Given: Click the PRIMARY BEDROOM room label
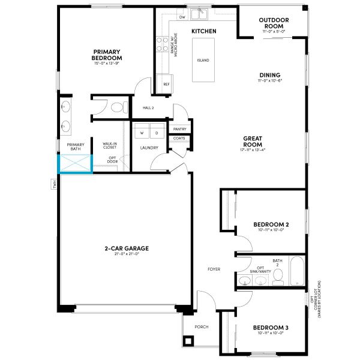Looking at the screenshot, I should (x=107, y=55).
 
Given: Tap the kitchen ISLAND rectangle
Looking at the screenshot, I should (x=203, y=60).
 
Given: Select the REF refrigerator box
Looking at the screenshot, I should (x=166, y=84).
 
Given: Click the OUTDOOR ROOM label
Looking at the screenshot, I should (x=274, y=23).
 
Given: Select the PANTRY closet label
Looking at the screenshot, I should (x=179, y=129).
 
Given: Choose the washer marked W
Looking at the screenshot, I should (x=142, y=132).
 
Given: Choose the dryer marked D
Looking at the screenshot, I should (x=156, y=132).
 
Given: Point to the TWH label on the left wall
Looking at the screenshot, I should (x=54, y=184).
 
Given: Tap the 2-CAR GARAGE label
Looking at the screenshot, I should (x=126, y=248).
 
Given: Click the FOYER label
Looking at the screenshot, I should (x=215, y=269).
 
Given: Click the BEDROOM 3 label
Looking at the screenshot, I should (x=270, y=328).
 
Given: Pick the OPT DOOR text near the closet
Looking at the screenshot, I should (x=112, y=160).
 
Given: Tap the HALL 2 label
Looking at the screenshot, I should (x=148, y=108).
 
